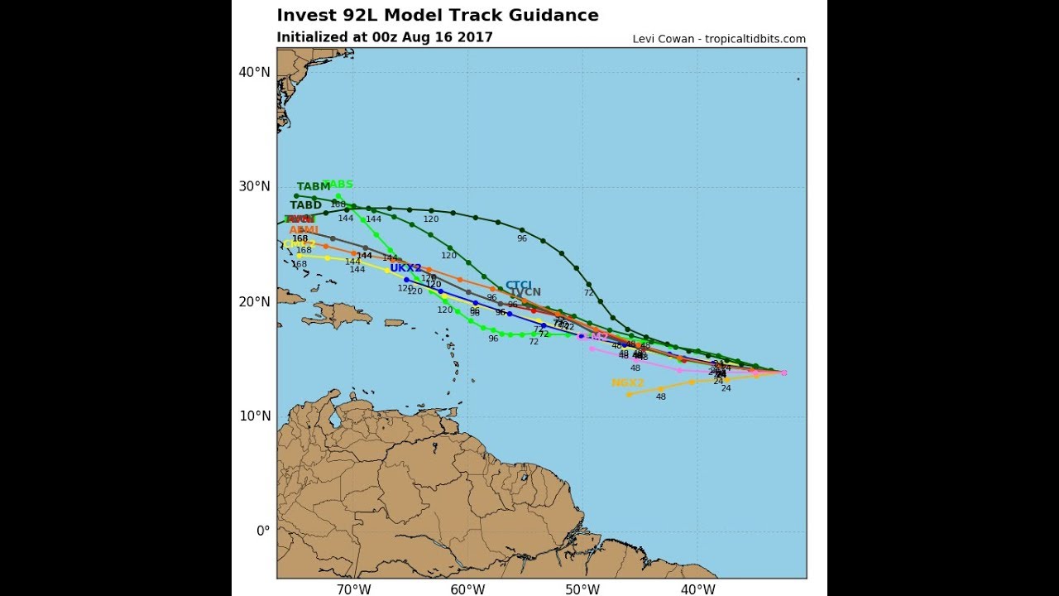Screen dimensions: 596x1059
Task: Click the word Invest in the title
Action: point(304,15)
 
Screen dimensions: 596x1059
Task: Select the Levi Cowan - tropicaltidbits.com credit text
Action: point(719,39)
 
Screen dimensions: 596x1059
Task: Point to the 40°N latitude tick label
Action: point(255,72)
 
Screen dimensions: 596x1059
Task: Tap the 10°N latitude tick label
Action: point(255,416)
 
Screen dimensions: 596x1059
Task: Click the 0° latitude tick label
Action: point(262,531)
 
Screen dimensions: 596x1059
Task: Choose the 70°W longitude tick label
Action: point(353,589)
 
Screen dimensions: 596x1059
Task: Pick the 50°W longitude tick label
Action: point(582,589)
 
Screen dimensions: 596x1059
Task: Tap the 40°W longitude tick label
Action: point(697,589)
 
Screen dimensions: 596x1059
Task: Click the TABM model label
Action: point(314,186)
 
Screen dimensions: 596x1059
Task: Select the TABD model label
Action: point(305,205)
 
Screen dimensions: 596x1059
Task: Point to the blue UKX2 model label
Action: point(405,268)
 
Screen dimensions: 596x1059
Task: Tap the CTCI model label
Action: point(519,285)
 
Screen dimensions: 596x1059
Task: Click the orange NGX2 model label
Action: point(627,382)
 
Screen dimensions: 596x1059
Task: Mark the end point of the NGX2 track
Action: point(629,394)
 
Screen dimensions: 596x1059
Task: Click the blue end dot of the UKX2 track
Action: point(406,279)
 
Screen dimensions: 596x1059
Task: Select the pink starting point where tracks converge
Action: point(783,372)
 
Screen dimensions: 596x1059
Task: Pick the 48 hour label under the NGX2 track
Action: point(661,397)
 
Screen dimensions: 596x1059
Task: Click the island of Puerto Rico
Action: point(395,323)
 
